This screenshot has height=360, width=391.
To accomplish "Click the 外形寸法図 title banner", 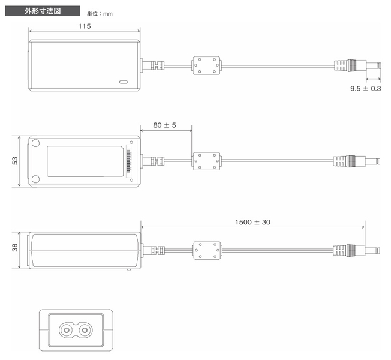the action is (x=43, y=11).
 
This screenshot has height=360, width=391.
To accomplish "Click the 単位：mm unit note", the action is (x=100, y=14).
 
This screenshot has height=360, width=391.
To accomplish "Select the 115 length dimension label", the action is (x=85, y=26).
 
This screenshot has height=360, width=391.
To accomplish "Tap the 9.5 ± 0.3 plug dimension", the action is (x=366, y=88).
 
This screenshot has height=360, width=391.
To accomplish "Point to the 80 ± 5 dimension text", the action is (x=164, y=125).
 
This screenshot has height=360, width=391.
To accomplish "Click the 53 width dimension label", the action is (x=15, y=161).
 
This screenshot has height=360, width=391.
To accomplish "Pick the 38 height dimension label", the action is (x=15, y=247).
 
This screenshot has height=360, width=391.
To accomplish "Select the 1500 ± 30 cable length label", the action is (x=252, y=222).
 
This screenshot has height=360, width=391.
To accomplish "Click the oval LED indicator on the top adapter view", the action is (x=124, y=82).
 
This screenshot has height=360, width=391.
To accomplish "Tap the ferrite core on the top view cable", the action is (x=206, y=65).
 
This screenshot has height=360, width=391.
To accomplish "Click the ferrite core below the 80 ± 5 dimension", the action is (x=206, y=161).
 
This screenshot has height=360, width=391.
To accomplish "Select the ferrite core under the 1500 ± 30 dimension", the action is (x=207, y=250).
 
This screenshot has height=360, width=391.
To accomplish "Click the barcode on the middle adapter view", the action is (x=129, y=161).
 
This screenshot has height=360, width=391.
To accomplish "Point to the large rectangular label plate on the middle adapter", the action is (x=85, y=161).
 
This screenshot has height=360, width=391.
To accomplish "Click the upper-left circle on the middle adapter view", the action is (x=35, y=143).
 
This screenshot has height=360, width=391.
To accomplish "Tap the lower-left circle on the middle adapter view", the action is (x=35, y=179).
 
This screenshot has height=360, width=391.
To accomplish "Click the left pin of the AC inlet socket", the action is (x=67, y=331).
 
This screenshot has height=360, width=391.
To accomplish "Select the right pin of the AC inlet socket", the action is (x=85, y=331).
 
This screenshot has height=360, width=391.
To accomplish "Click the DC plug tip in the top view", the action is (x=373, y=65).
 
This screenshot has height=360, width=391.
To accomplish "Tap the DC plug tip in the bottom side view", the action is (x=372, y=250).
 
